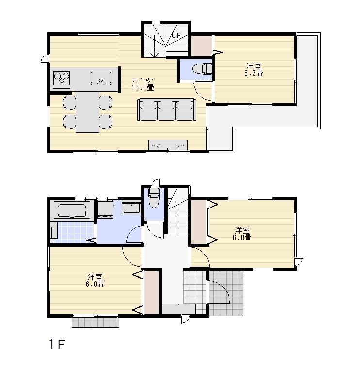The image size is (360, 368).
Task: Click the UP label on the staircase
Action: [176, 35]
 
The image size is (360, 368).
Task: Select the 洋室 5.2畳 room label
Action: [254, 69]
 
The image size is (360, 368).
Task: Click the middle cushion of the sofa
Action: [166, 110]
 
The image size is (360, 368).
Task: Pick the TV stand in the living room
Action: [168, 144]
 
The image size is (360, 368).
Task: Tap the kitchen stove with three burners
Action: [62, 78]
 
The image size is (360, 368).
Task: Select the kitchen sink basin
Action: [101, 78]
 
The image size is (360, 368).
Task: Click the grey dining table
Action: [86, 112]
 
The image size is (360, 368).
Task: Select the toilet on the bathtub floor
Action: [154, 200]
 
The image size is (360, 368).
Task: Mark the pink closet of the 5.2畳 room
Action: [201, 46]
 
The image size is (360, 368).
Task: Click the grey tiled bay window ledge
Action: [96, 321]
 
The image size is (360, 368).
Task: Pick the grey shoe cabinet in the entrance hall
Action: [178, 309]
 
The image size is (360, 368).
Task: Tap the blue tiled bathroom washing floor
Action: [73, 232]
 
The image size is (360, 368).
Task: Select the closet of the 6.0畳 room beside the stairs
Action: [198, 222]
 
